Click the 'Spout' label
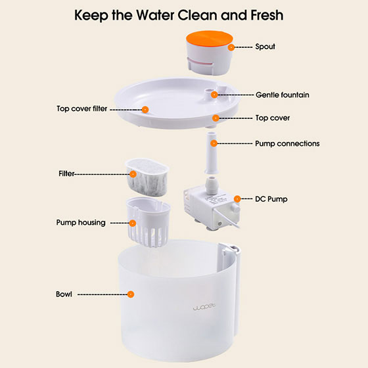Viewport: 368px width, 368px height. pos(266,47)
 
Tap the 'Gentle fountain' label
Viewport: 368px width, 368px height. pos(282,95)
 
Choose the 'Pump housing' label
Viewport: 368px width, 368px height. pos(81,223)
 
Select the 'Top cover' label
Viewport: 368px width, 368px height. pos(272,118)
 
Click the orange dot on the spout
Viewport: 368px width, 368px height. pos(231,47)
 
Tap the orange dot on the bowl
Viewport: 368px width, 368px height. pos(131,294)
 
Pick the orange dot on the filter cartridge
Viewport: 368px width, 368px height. pos(133,174)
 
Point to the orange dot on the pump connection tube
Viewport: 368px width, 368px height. pos(214,143)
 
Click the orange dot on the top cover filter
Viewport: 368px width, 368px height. pos(145,109)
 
